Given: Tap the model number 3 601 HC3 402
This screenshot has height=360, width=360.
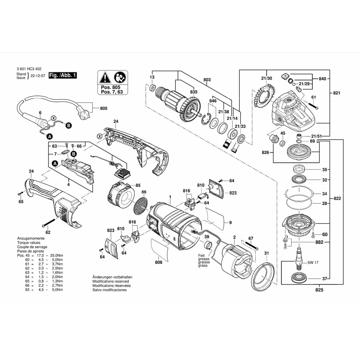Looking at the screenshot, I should click(29, 69).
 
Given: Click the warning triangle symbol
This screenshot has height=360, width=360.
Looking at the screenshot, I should click(105, 77).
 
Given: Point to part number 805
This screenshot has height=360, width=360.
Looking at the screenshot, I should click(104, 108).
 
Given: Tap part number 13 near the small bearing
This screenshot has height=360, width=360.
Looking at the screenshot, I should click(152, 77).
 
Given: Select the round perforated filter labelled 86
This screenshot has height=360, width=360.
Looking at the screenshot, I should click(141, 205).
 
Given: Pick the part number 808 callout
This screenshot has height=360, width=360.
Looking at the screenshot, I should click(158, 262).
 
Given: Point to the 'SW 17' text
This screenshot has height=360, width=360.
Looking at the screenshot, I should click(313, 262).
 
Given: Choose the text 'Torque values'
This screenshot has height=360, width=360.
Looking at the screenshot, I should click(28, 243).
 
